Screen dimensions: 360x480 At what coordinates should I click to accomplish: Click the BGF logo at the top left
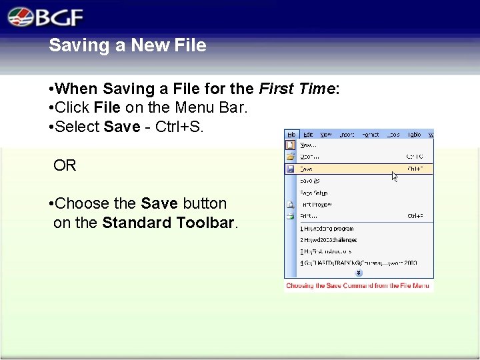(x=46, y=16)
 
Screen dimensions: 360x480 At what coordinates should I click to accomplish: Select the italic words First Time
(x=296, y=89)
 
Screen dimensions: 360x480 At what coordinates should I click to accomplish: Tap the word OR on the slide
(x=65, y=165)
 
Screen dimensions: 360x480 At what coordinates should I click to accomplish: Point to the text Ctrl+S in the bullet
(x=179, y=127)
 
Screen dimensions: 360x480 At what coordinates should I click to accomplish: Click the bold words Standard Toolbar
(x=169, y=223)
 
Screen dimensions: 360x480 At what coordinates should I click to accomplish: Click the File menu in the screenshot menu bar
(x=291, y=134)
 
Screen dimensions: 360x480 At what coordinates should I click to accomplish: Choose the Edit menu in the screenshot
(x=308, y=134)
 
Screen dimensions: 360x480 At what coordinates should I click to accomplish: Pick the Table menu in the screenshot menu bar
(x=414, y=134)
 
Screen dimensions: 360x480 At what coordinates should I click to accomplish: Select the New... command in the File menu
(x=307, y=145)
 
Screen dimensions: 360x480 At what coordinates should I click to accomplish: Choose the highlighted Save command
(x=307, y=169)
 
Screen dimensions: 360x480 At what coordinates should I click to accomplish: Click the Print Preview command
(x=316, y=205)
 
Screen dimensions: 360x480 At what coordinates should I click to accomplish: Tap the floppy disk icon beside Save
(x=290, y=169)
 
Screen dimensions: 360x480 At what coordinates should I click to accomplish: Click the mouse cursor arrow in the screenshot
(x=395, y=177)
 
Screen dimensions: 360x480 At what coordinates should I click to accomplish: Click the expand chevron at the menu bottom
(x=359, y=273)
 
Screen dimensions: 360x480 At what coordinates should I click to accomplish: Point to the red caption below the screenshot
(x=357, y=286)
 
